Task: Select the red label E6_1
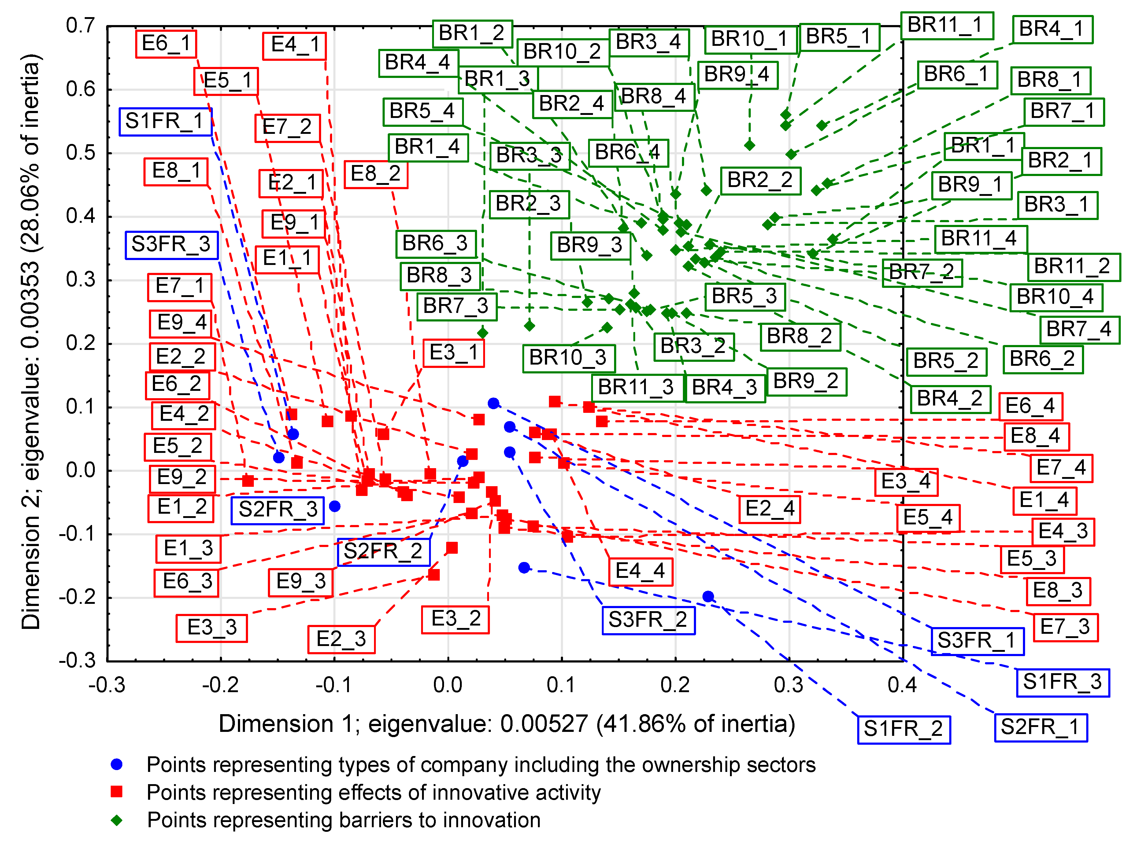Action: coord(166,44)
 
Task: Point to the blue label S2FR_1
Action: coord(1040,727)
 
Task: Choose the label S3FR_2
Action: coord(648,620)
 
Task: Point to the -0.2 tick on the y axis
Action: coord(77,597)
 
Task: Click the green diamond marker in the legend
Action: coord(117,820)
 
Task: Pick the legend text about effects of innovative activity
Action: coord(373,793)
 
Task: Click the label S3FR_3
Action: coord(171,245)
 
